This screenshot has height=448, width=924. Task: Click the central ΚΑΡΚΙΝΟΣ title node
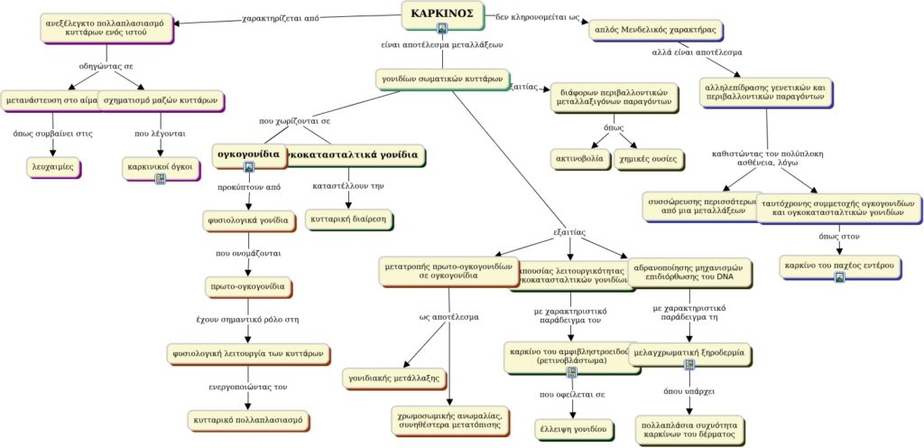(441, 14)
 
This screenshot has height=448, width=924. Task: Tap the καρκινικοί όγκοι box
(160, 166)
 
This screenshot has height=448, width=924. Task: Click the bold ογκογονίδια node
(249, 154)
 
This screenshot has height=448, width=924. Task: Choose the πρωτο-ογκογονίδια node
(248, 287)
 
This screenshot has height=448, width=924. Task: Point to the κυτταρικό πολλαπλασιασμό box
(248, 420)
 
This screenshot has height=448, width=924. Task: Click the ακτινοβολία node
(581, 158)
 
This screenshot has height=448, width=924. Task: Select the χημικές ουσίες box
(647, 158)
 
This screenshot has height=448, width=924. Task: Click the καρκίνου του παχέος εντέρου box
(839, 266)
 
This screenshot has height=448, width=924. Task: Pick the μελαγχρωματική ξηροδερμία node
(689, 353)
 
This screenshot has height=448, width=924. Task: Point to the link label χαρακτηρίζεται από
(282, 17)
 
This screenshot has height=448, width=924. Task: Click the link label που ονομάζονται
(247, 254)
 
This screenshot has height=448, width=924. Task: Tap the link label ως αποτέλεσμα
(448, 317)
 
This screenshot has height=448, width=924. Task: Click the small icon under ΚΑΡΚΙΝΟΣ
(441, 28)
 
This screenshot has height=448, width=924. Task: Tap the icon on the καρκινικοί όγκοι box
(160, 178)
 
